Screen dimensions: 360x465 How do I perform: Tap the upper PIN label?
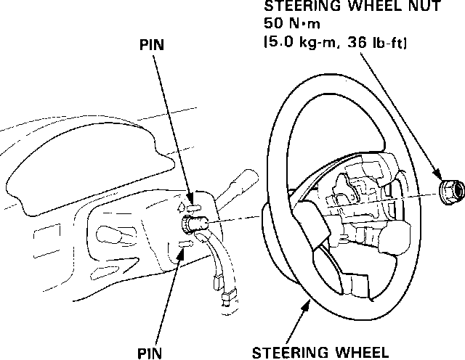151,44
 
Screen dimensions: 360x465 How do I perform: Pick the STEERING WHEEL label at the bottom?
319,353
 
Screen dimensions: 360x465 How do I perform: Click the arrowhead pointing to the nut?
439,176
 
